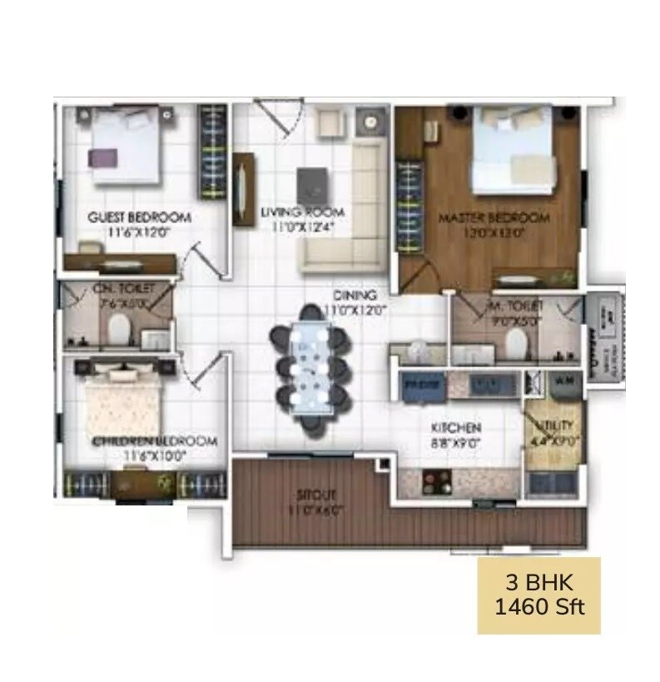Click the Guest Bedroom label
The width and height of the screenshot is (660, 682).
point(139,217)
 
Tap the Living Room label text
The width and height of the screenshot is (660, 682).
point(302,212)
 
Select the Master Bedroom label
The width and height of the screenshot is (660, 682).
point(494,218)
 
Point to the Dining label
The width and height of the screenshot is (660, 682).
point(355,295)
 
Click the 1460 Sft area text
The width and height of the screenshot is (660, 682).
point(538,606)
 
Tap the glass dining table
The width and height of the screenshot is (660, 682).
point(310,366)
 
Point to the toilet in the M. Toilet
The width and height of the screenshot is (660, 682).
point(517,342)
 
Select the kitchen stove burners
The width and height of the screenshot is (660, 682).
point(435,480)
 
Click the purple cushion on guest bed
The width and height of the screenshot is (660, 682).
point(99,157)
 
